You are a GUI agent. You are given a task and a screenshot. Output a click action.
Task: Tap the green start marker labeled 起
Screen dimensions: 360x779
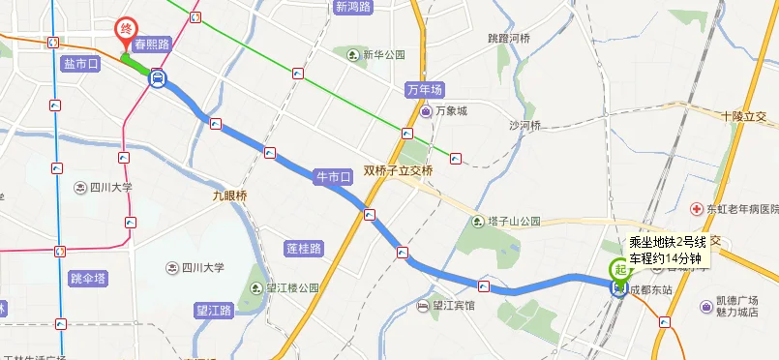point(617,271)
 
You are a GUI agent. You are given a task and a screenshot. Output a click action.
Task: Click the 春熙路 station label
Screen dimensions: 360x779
point(152,44)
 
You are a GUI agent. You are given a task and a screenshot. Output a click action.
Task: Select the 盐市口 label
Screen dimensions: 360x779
point(80,64)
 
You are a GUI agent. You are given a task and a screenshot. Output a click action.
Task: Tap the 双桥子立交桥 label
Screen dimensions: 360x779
point(398,170)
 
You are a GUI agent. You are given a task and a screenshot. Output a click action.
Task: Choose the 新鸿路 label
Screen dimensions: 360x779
point(353,7)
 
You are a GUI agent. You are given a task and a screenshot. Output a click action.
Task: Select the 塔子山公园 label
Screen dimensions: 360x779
point(514,221)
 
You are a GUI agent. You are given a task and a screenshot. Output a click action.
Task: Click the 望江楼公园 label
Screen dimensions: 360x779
point(292,287)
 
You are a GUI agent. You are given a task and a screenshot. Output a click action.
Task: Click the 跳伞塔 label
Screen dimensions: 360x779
point(89,278)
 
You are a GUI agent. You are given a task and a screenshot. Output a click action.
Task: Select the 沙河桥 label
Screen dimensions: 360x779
point(525,126)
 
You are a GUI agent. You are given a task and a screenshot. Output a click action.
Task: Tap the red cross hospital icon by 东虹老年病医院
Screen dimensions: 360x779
point(696,209)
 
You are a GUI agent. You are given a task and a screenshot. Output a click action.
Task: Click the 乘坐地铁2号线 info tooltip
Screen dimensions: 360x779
point(667,250)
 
